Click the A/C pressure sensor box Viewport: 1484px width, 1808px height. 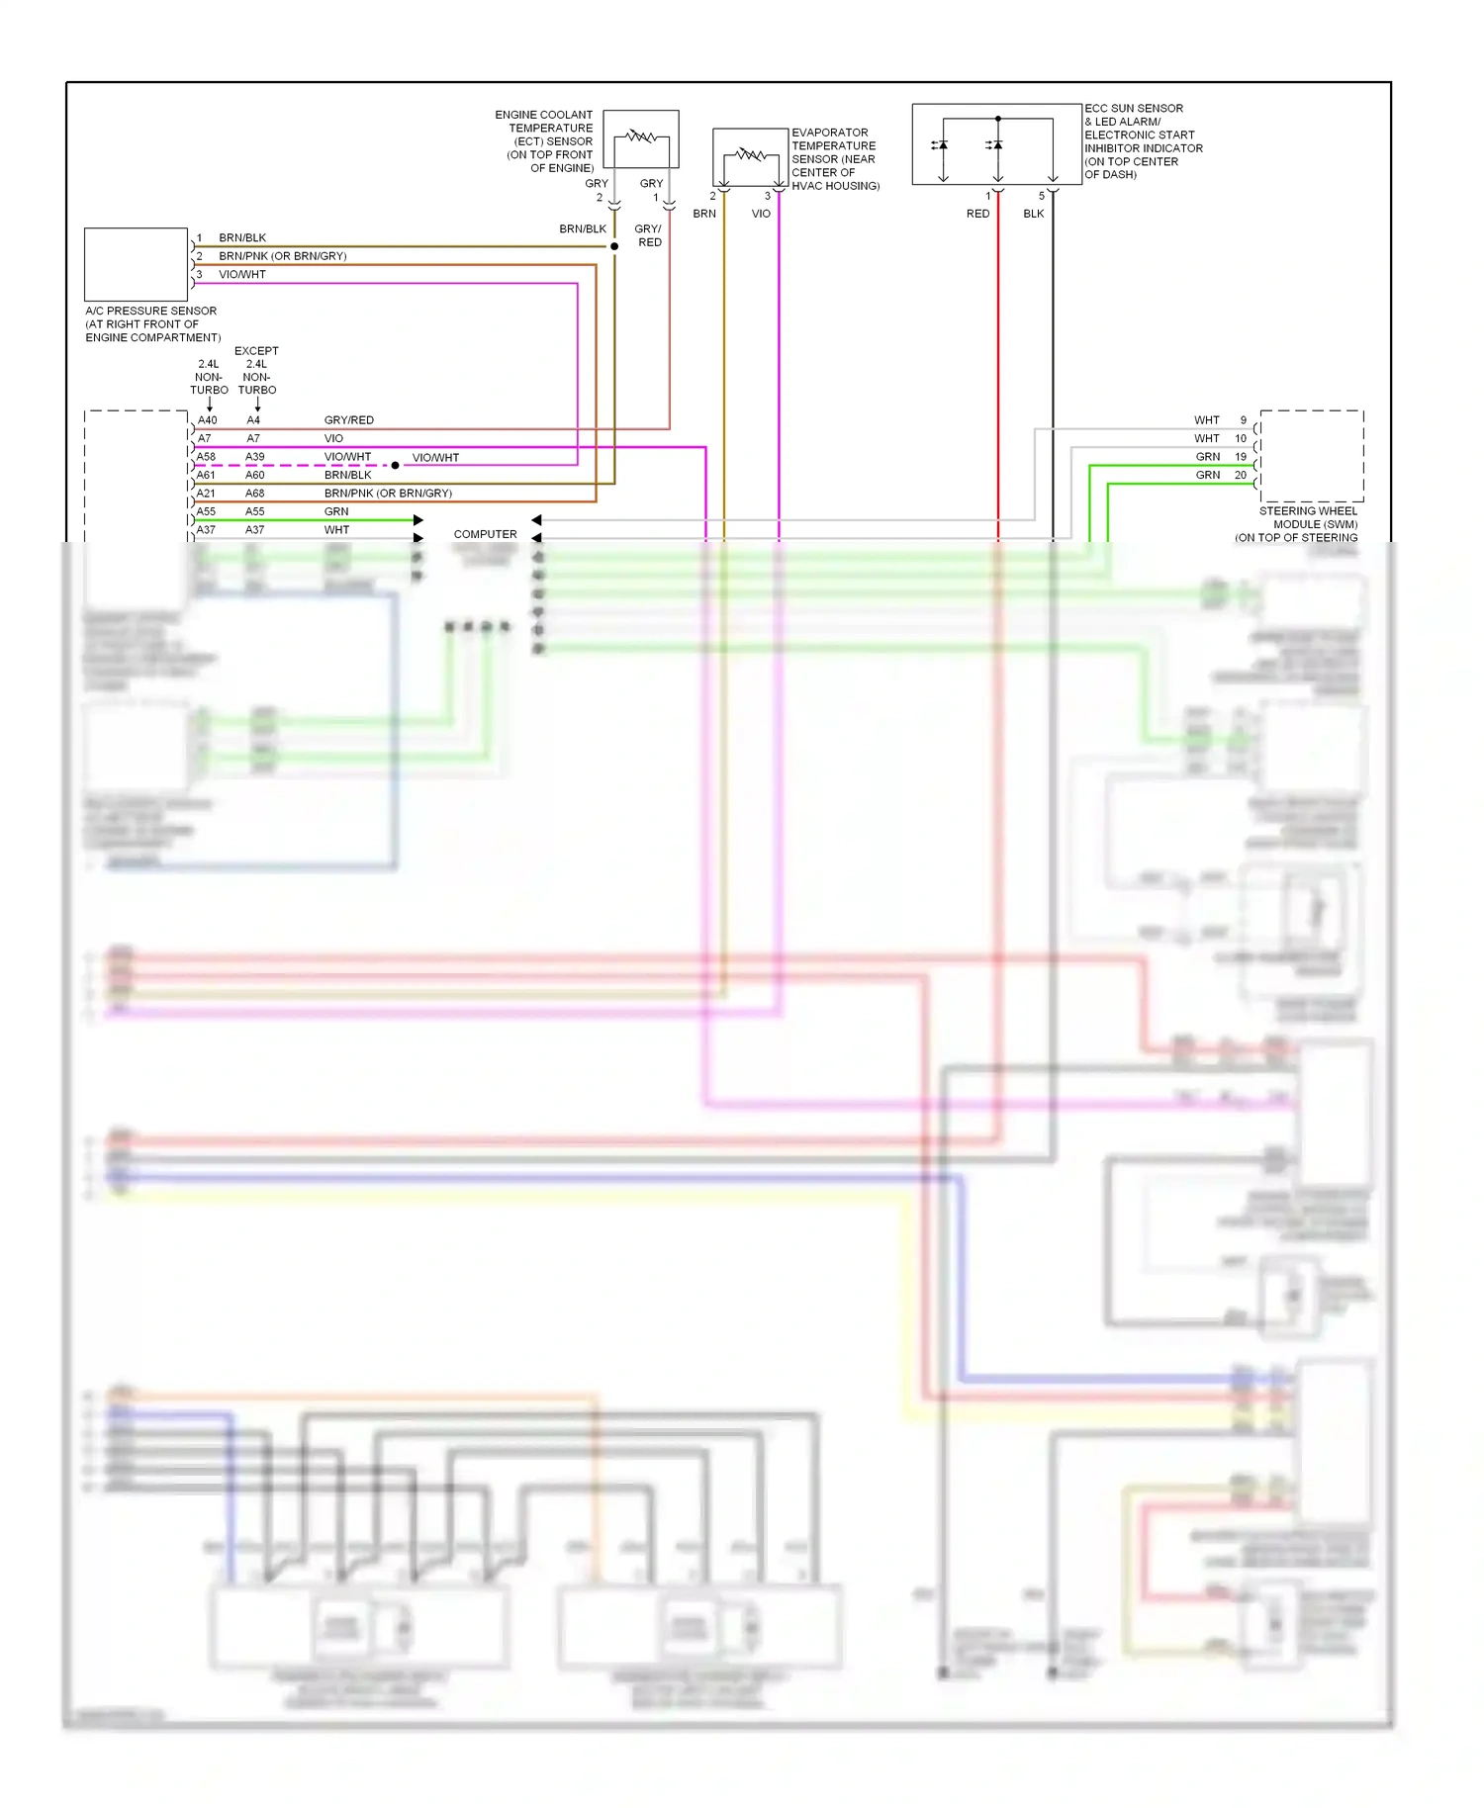tap(136, 264)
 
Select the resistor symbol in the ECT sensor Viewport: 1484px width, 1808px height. tap(641, 136)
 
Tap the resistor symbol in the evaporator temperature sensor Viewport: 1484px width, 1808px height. tap(750, 154)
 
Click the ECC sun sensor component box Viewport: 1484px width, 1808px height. tap(996, 144)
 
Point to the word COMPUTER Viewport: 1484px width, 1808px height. tap(485, 534)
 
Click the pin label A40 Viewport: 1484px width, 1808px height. tap(207, 420)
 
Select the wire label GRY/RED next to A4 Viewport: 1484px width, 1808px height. tap(348, 420)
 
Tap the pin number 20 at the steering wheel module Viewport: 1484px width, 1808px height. tap(1241, 476)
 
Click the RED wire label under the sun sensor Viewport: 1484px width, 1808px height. tap(977, 214)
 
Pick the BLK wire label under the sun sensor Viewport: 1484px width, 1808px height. tap(1033, 214)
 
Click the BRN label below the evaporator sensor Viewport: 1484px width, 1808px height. tap(704, 214)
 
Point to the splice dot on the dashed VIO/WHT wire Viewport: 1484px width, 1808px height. tap(395, 465)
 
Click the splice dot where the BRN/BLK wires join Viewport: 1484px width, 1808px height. tap(614, 246)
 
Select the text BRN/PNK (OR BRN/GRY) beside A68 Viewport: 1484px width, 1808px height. tap(388, 494)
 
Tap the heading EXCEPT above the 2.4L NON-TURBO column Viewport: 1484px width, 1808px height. tap(256, 351)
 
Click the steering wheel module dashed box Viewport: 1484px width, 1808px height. tap(1312, 456)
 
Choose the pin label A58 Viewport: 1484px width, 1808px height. tap(206, 457)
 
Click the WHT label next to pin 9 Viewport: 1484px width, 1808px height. tap(1206, 420)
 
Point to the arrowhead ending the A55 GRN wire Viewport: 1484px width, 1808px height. tap(418, 520)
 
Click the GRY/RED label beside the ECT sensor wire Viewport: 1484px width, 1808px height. tap(648, 235)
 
